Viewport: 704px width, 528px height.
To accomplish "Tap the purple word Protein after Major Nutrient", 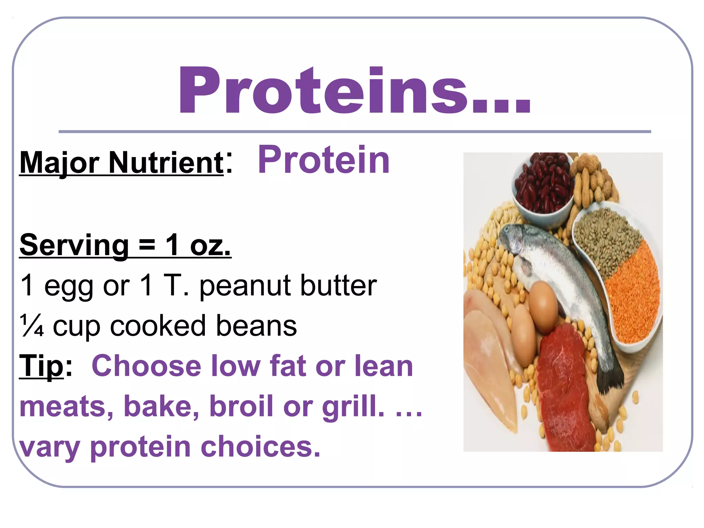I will pos(324,160).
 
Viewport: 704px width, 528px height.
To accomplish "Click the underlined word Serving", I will pos(74,245).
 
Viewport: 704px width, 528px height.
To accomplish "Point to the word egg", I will pos(69,287).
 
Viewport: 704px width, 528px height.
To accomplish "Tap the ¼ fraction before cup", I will pos(32,326).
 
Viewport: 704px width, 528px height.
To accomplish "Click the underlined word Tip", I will pos(41,366).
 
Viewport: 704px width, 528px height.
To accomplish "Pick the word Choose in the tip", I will pos(146,366).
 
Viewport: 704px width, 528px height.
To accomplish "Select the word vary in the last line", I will pos(49,448).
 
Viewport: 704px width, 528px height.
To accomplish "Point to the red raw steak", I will pos(564,385).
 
